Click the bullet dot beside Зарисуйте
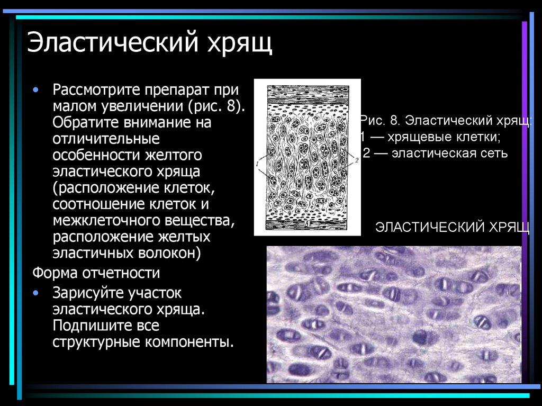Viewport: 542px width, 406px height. point(35,292)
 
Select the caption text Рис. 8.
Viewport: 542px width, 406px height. point(377,120)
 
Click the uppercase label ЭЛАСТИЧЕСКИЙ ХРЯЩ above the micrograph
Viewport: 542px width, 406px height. point(453,228)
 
